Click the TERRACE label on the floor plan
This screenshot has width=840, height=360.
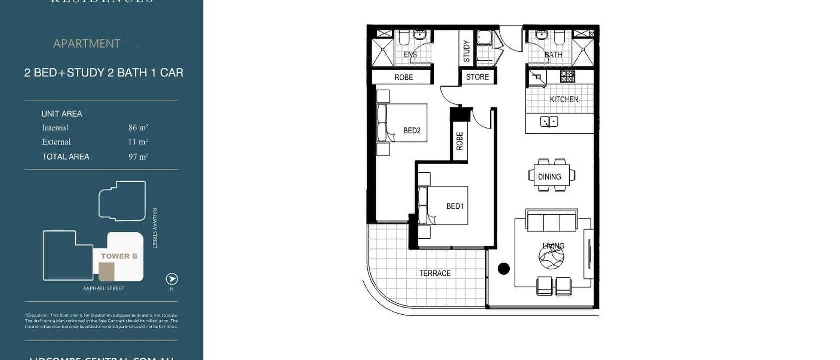tap(435, 273)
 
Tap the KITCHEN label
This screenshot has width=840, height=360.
tap(564, 99)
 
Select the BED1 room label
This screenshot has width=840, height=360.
tap(455, 206)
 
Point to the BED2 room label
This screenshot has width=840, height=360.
tap(412, 130)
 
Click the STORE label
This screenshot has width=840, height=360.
tap(477, 77)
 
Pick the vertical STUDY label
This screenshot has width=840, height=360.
tap(466, 51)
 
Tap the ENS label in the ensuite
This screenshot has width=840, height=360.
tap(410, 54)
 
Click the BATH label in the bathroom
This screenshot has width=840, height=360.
tap(553, 54)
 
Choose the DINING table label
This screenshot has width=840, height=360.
tap(549, 177)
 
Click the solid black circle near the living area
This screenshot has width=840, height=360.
tap(504, 269)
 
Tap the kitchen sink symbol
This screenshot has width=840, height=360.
tap(549, 121)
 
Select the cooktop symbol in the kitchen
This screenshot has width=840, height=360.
tap(567, 76)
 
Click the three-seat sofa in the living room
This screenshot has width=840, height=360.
tap(552, 221)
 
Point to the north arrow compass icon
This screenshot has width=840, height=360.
tap(172, 279)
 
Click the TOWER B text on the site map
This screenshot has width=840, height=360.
tap(119, 256)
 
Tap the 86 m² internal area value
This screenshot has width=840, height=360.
tap(138, 128)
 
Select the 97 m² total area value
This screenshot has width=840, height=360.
tap(138, 157)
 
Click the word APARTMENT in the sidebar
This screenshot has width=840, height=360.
tap(87, 44)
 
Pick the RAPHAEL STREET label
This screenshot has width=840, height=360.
tap(104, 288)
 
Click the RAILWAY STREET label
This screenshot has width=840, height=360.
tap(155, 228)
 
